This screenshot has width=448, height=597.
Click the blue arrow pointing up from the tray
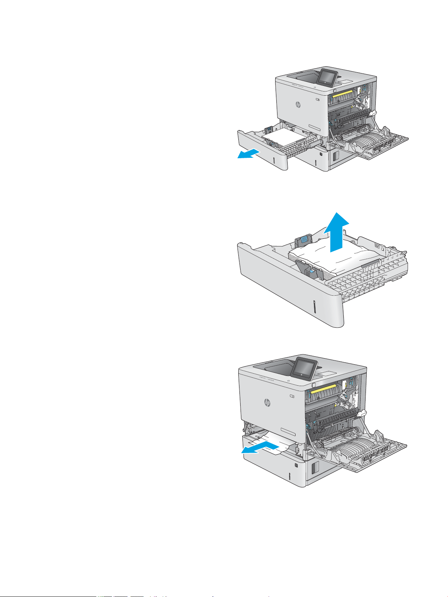point(336,234)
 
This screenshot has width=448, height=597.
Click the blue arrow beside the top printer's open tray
point(248,154)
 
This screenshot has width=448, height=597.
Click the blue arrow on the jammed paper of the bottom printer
point(261,448)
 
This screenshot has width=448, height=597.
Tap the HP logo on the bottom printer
point(267,403)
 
